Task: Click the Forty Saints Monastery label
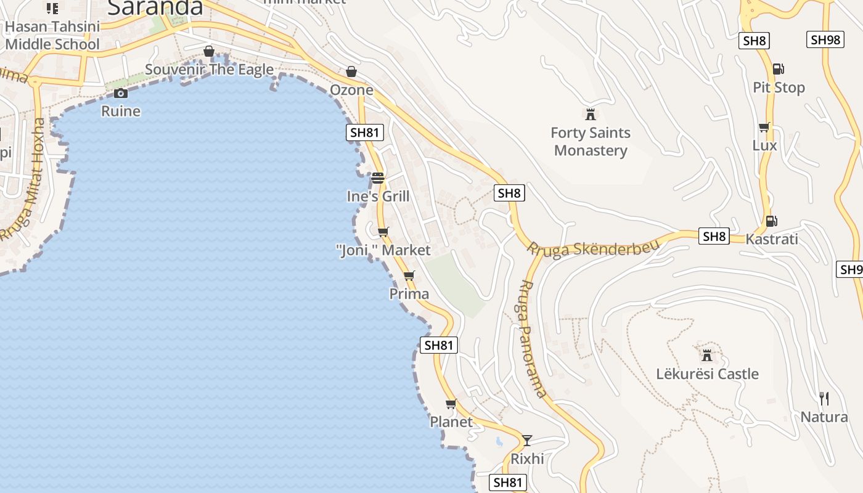(591, 142)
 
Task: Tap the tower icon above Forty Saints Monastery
(591, 114)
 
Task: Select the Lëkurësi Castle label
(707, 374)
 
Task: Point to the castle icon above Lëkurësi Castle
(707, 355)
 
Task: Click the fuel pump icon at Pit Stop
(778, 69)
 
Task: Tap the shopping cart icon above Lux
(764, 128)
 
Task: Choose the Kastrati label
(772, 239)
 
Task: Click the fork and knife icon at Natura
(824, 398)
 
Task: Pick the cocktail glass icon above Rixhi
(527, 440)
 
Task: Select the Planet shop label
(451, 422)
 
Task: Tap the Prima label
(409, 294)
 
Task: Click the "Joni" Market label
(383, 250)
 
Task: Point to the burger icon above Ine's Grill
(378, 178)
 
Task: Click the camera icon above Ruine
(121, 93)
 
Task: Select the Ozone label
(351, 90)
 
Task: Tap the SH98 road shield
(825, 39)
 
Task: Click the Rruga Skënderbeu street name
(592, 249)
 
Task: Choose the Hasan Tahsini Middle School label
(52, 36)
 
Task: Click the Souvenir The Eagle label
(209, 70)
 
